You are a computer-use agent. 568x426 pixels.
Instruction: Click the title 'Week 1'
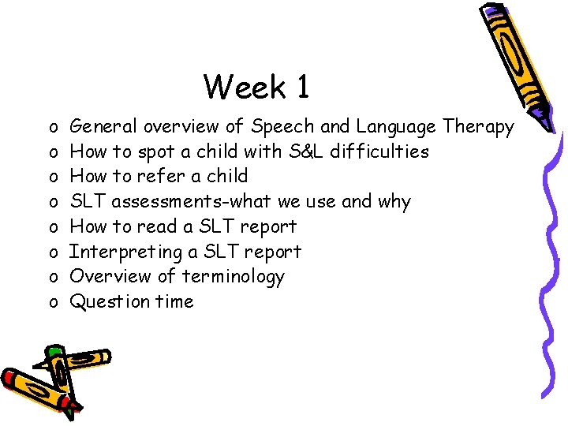(x=256, y=87)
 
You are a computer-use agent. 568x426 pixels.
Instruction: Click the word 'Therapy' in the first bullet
(x=478, y=126)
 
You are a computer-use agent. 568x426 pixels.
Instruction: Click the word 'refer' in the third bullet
(x=162, y=176)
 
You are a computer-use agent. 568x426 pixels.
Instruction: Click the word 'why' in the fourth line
(x=394, y=202)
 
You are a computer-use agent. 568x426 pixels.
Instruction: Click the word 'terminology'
(x=233, y=276)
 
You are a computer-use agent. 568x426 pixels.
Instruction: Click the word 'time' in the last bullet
(x=174, y=301)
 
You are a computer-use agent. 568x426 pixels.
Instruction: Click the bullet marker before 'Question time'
(x=51, y=302)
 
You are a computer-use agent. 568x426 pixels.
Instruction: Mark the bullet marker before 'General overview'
(x=51, y=127)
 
